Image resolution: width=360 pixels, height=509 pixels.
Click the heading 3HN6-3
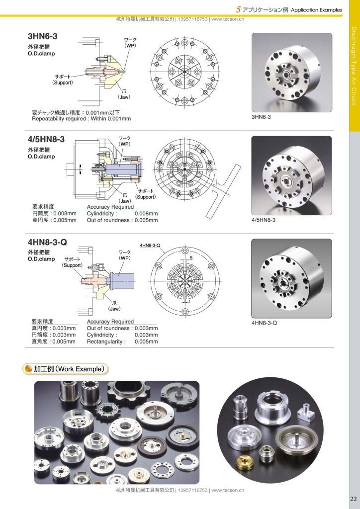[43, 36]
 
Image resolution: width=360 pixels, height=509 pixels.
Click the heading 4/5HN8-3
[46, 139]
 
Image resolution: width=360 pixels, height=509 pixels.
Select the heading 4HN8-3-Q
[47, 242]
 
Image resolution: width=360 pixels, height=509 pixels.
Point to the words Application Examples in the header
[317, 10]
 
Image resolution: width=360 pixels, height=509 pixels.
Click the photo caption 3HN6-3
[261, 117]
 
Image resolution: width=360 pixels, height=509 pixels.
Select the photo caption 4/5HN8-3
[264, 220]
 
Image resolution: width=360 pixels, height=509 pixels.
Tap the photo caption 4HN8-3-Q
[265, 323]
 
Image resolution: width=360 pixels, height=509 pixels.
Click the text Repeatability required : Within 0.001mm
[82, 119]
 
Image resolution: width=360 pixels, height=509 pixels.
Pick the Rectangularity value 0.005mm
[146, 341]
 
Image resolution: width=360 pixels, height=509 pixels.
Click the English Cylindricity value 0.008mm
[146, 214]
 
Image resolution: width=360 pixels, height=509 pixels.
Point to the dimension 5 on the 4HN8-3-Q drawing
[191, 258]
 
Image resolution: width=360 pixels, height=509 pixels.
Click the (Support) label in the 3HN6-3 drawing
[63, 83]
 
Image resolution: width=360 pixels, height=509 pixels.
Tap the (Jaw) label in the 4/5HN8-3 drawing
[125, 201]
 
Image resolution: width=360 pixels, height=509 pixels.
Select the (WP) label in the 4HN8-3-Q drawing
[125, 258]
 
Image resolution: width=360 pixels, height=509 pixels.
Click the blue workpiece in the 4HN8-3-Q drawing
[123, 281]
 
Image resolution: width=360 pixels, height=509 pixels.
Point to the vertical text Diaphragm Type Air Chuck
[354, 66]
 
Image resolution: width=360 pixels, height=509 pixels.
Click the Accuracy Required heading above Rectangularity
[110, 322]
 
